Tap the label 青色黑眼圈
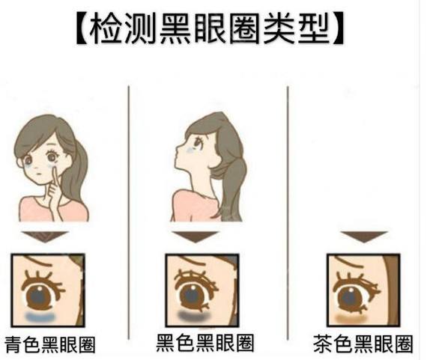(x=50, y=345)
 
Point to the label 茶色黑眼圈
(x=363, y=344)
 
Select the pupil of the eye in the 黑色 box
(x=193, y=296)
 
